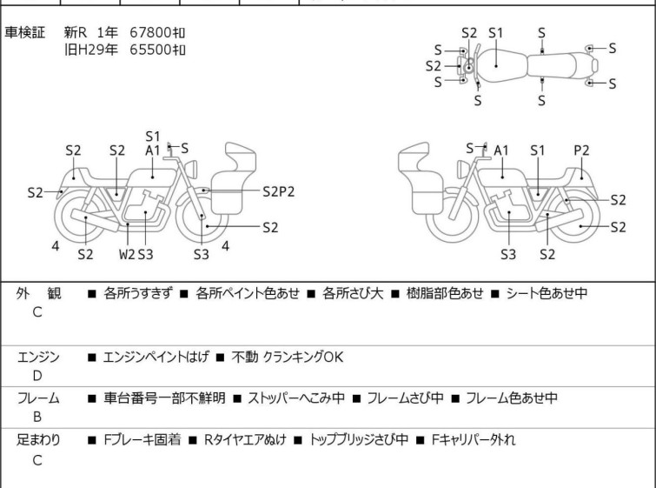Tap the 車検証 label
[x=24, y=32]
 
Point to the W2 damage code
[x=127, y=254]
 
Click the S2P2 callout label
[x=279, y=191]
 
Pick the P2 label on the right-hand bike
[x=581, y=150]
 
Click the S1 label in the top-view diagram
[x=496, y=33]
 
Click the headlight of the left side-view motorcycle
[x=191, y=169]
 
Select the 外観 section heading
[x=38, y=293]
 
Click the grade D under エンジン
[x=37, y=376]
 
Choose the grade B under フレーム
[x=37, y=417]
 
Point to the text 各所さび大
[x=353, y=293]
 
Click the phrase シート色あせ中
[x=547, y=293]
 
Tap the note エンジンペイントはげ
[x=156, y=357]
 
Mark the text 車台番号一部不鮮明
[x=164, y=398]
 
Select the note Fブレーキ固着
[x=142, y=439]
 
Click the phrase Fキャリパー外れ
[x=474, y=439]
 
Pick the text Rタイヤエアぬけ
[x=246, y=439]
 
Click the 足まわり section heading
[x=38, y=439]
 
